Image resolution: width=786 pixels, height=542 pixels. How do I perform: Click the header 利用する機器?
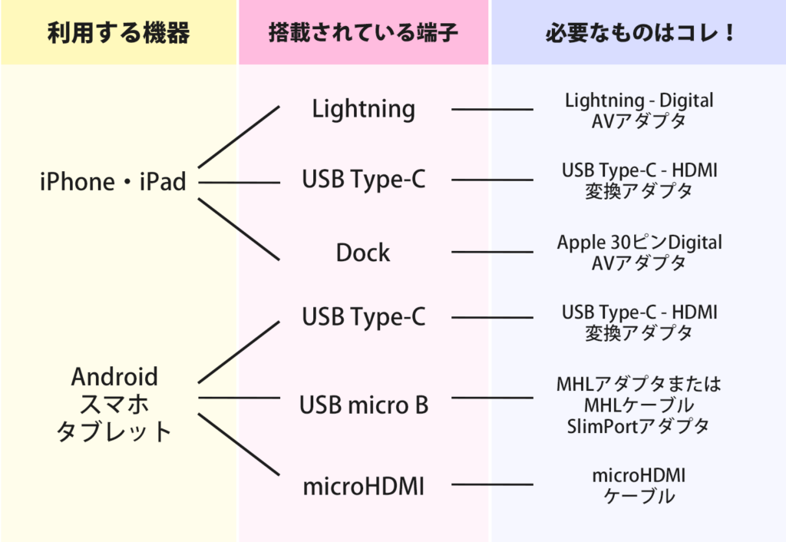[x=119, y=33]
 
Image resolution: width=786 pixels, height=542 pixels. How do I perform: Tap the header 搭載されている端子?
[x=363, y=33]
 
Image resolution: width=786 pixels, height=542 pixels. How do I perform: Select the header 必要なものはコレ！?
[x=640, y=33]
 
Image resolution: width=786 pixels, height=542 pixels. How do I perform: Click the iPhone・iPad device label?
[x=113, y=181]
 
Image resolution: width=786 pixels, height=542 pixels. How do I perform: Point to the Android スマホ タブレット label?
[x=114, y=404]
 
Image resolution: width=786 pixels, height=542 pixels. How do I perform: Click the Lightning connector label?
[x=363, y=109]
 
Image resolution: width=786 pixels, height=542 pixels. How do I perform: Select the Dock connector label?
[x=363, y=253]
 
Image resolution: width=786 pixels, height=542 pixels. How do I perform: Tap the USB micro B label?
[x=364, y=405]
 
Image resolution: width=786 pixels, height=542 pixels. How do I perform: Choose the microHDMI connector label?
[x=363, y=487]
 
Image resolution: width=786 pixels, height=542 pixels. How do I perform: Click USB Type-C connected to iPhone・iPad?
[x=363, y=180]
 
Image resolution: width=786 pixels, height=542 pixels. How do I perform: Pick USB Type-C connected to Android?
[x=363, y=317]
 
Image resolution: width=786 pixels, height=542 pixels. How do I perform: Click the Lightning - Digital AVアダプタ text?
[x=639, y=111]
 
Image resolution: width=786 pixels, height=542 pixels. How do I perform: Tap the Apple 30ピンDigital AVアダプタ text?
[x=639, y=253]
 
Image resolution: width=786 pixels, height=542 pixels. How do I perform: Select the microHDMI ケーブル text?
[x=639, y=486]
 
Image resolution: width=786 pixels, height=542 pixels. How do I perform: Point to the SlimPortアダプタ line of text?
[x=638, y=427]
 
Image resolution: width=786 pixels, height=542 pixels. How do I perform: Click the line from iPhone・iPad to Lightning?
[x=239, y=137]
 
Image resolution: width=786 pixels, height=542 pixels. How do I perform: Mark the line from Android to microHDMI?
[x=239, y=445]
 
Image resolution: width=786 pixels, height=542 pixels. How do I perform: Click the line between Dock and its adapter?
[x=492, y=253]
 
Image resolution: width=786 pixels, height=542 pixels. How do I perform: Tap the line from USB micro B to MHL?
[x=492, y=398]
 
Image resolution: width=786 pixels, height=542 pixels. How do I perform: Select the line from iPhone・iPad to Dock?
[x=239, y=230]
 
